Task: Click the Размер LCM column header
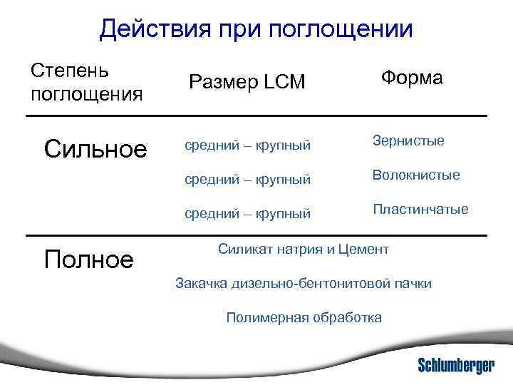pos(247,83)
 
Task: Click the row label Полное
pos(88,259)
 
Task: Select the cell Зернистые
pos(408,141)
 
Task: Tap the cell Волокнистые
pos(416,175)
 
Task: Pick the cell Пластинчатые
pos(420,210)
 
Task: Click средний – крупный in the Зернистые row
pos(247,146)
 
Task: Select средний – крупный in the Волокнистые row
pos(247,180)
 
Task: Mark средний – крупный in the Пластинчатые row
pos(247,213)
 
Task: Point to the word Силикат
pos(244,250)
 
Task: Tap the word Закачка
pos(202,284)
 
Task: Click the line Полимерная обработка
pos(304,317)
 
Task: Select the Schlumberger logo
pos(456,365)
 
